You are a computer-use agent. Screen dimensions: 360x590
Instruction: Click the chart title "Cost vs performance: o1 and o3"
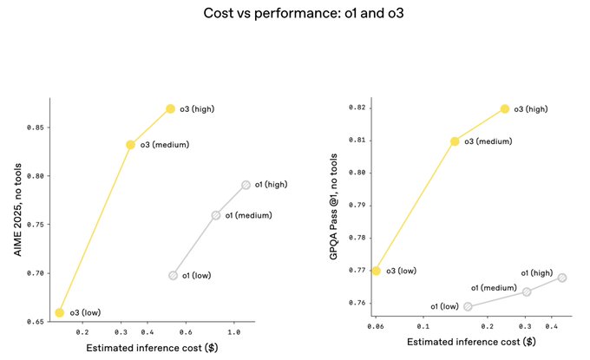pos(294,13)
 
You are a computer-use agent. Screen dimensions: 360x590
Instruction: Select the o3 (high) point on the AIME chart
pos(171,109)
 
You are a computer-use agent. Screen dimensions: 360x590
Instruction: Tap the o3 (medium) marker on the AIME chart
pos(130,145)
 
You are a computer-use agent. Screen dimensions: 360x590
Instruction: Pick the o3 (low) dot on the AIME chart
pos(60,312)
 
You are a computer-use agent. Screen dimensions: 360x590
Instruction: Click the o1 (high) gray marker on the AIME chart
pos(246,185)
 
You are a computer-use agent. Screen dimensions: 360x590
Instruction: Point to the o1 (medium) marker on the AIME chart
pos(216,215)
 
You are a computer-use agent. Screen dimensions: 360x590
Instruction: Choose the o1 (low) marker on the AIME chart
pos(174,275)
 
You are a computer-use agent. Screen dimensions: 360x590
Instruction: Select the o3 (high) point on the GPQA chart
pos(505,109)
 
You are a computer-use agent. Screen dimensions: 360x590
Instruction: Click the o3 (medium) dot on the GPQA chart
pos(455,141)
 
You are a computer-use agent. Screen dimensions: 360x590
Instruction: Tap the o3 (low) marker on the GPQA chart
pos(376,271)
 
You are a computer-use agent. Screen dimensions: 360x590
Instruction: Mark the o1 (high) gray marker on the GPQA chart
pos(562,278)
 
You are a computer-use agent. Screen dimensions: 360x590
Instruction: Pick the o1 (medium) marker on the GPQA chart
pos(527,291)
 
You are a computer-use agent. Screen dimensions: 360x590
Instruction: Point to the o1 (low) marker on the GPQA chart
pos(469,306)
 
